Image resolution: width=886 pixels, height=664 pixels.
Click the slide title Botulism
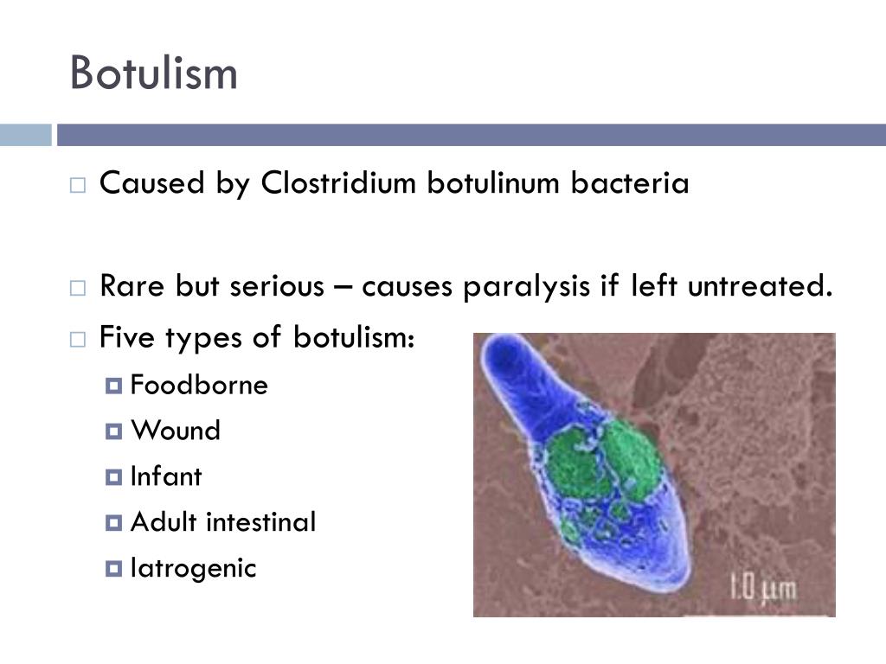click(x=153, y=73)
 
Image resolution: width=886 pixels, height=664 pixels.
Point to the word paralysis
click(x=528, y=286)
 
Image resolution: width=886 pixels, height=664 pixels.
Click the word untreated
click(x=760, y=286)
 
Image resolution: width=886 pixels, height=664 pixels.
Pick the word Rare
click(x=132, y=286)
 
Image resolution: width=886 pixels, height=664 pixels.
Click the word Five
click(x=129, y=337)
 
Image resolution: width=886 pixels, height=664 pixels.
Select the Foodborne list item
click(x=199, y=385)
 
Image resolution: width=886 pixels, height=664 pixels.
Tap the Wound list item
click(x=176, y=431)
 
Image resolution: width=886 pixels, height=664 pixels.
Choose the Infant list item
click(x=165, y=476)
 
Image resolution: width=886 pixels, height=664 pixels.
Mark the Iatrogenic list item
click(x=193, y=568)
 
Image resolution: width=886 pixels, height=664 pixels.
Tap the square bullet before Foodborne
click(x=114, y=386)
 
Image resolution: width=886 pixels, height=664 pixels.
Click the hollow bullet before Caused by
click(x=78, y=185)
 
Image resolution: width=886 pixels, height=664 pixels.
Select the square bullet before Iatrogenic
click(x=114, y=569)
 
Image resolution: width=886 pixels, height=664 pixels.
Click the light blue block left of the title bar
click(x=25, y=135)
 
